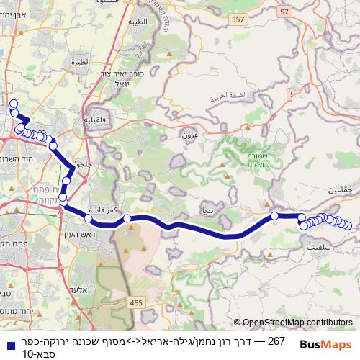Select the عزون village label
pyautogui.click(x=189, y=134)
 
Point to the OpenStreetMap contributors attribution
pyautogui.click(x=293, y=323)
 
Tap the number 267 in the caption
pyautogui.click(x=276, y=339)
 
